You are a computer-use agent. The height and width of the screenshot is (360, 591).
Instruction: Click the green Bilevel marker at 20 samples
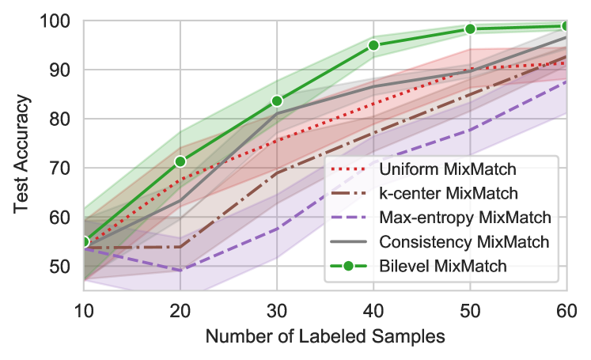180,161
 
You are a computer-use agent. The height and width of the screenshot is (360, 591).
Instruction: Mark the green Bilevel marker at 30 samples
277,101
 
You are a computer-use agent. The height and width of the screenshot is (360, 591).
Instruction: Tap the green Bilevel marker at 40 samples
373,45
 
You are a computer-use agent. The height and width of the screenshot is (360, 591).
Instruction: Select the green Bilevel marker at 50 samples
470,28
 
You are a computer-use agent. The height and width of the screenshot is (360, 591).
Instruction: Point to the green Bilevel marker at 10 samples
83,241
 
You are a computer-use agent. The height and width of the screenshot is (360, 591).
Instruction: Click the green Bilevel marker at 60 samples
566,26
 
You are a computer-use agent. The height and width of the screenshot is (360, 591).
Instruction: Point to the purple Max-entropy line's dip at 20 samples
180,270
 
